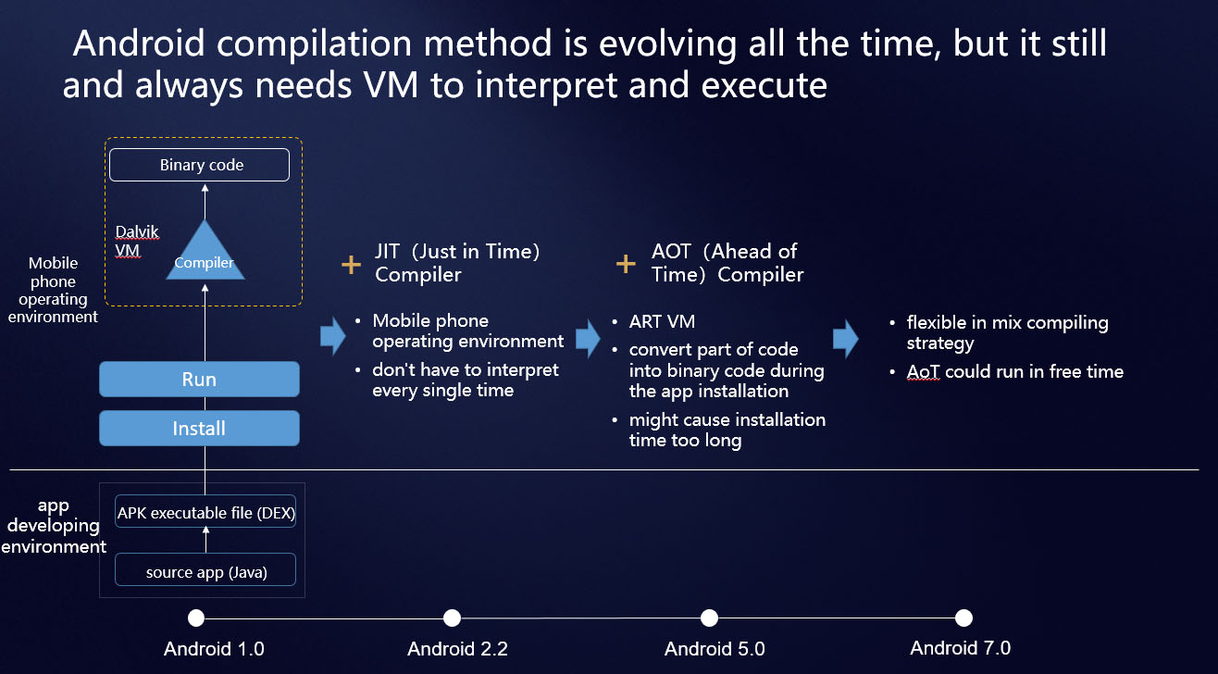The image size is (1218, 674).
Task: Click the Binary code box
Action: coord(199,166)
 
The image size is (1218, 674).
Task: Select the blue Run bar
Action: coord(199,380)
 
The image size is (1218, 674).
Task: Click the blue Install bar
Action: coord(199,429)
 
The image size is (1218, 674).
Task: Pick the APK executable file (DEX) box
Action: coord(205,512)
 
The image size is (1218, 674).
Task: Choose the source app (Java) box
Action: coord(205,571)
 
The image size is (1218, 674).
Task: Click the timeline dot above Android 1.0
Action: coord(196,618)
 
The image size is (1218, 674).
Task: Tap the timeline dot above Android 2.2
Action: coord(452,618)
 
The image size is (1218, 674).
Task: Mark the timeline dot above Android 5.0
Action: coord(709,618)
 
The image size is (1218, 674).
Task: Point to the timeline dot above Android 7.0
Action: coord(963,618)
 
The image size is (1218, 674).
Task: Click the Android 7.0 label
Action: coord(960,647)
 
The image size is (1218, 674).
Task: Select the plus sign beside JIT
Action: coord(351,265)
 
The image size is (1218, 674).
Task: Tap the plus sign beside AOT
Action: coord(626,265)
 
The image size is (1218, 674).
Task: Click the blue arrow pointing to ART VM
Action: coord(588,338)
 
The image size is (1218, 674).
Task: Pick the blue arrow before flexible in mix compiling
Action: coord(845,339)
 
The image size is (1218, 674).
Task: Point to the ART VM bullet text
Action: coord(662,322)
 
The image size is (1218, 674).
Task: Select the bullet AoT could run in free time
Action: coord(1014,371)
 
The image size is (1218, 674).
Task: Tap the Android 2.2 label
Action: coord(457,648)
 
